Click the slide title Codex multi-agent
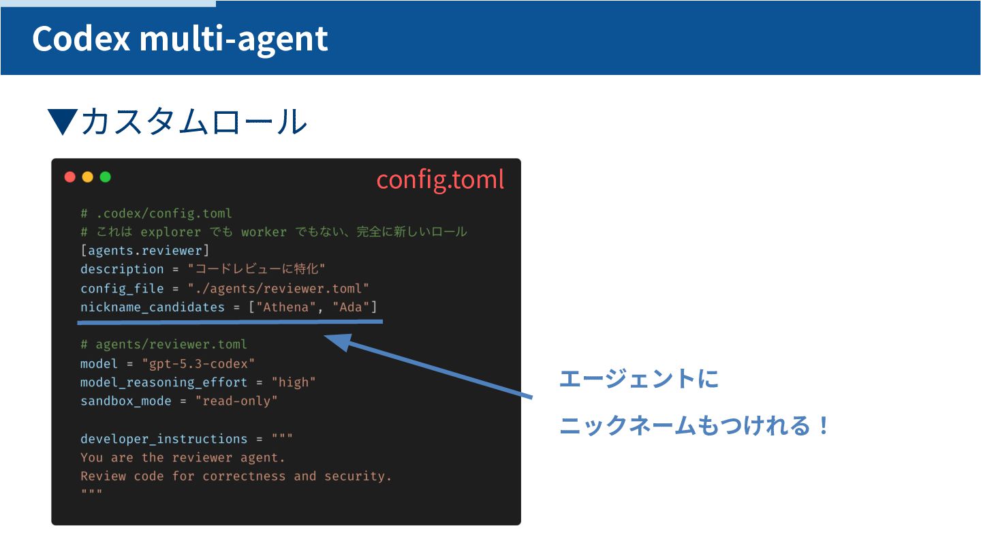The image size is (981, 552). coord(180,39)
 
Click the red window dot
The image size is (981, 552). coord(70,177)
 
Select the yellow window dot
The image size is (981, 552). coord(87,177)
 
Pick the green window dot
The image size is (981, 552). coord(105,177)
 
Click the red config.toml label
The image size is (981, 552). coord(440,179)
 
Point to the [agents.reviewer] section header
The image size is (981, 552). coord(145,250)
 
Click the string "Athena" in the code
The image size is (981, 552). coord(286,307)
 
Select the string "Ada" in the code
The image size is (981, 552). coord(350,307)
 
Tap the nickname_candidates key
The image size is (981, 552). coord(153,307)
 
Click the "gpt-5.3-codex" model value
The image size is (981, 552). coord(199,363)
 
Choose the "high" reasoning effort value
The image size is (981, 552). coord(294,382)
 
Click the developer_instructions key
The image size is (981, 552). coord(164,439)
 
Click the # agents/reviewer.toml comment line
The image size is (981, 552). coord(163,344)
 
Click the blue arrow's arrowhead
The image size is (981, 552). coord(337,341)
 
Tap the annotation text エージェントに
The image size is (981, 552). coord(639,379)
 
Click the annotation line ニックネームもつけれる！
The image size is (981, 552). coord(695,427)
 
